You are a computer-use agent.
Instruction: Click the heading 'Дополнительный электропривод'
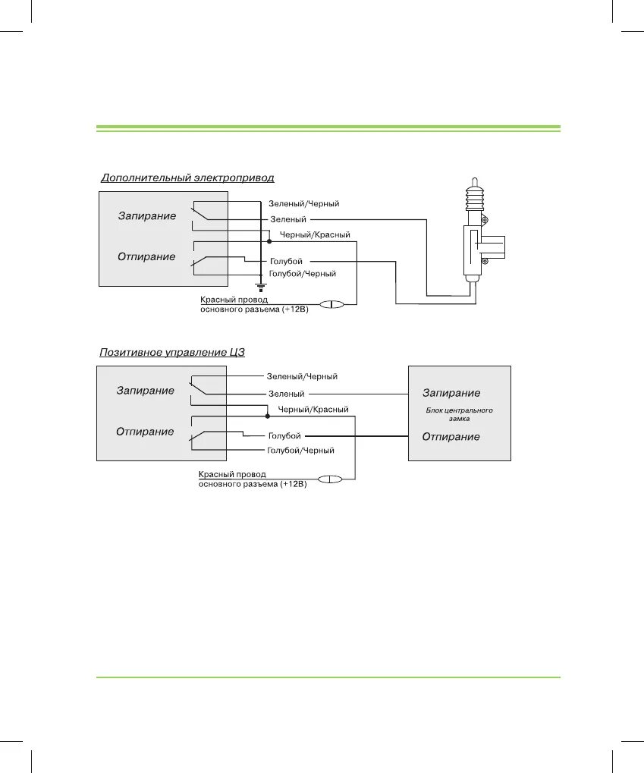point(187,178)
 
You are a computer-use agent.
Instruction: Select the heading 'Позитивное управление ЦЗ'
point(172,353)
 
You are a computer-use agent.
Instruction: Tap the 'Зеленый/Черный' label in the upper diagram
point(303,204)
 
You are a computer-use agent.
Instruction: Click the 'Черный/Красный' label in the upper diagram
point(315,235)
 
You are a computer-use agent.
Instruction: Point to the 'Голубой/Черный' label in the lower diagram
point(301,450)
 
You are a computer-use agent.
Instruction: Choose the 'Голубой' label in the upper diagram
point(286,262)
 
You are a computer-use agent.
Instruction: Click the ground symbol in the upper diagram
point(260,287)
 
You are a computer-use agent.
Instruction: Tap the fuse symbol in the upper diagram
point(331,304)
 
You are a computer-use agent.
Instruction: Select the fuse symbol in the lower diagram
point(330,479)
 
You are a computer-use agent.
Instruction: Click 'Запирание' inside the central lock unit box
point(451,393)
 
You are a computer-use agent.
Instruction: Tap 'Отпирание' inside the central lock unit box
point(451,437)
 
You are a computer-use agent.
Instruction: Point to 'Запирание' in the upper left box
point(147,216)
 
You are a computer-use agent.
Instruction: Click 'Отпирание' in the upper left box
point(146,256)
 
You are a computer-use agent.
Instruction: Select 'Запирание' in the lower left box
point(145,391)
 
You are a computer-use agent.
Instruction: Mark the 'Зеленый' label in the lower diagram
point(286,394)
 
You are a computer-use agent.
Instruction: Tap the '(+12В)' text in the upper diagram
point(294,310)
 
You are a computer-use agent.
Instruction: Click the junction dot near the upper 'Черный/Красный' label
point(259,240)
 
